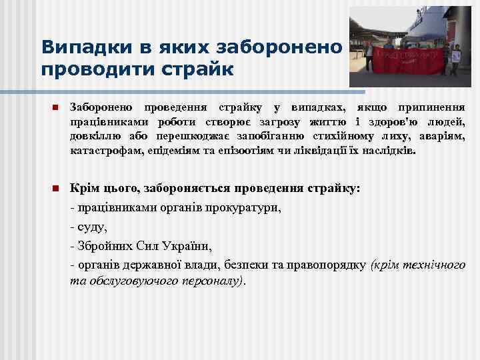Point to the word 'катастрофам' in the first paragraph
click(x=104, y=151)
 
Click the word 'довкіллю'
click(x=93, y=137)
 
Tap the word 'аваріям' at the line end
click(x=443, y=137)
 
